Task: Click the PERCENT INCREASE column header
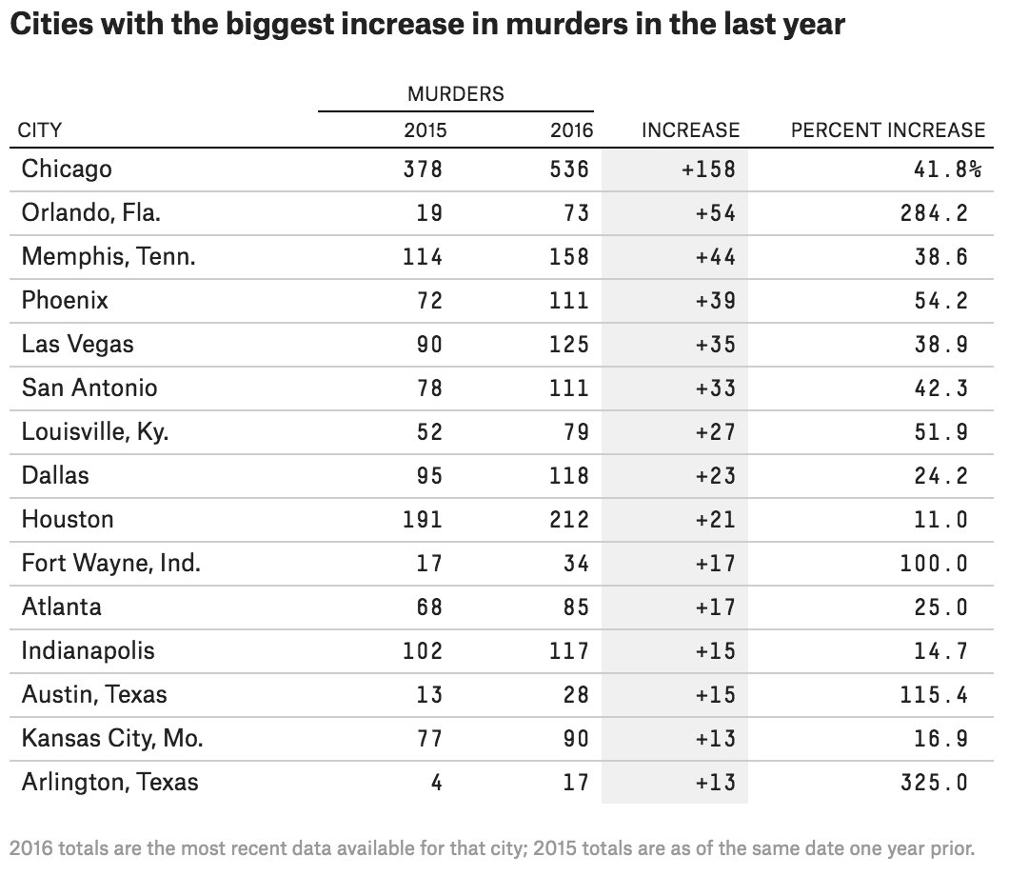coord(888,130)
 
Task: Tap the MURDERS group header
coord(456,94)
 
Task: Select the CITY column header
coord(40,130)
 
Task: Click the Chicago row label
coord(67,169)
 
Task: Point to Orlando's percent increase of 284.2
coord(935,213)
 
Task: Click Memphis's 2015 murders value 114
coord(423,257)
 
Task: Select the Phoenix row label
coord(65,300)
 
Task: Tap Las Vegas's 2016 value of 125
coord(569,345)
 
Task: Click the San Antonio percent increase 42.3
coord(941,388)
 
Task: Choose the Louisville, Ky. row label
coord(95,432)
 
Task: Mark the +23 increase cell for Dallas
coord(716,476)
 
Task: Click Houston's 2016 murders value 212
coord(569,520)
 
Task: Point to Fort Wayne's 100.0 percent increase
coord(935,563)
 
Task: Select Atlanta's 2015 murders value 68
coord(430,607)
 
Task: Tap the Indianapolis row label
coord(89,650)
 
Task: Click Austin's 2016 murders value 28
coord(576,694)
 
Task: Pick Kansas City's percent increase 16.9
coord(941,738)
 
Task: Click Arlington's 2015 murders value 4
coord(436,782)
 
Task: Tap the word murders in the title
coord(566,25)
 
